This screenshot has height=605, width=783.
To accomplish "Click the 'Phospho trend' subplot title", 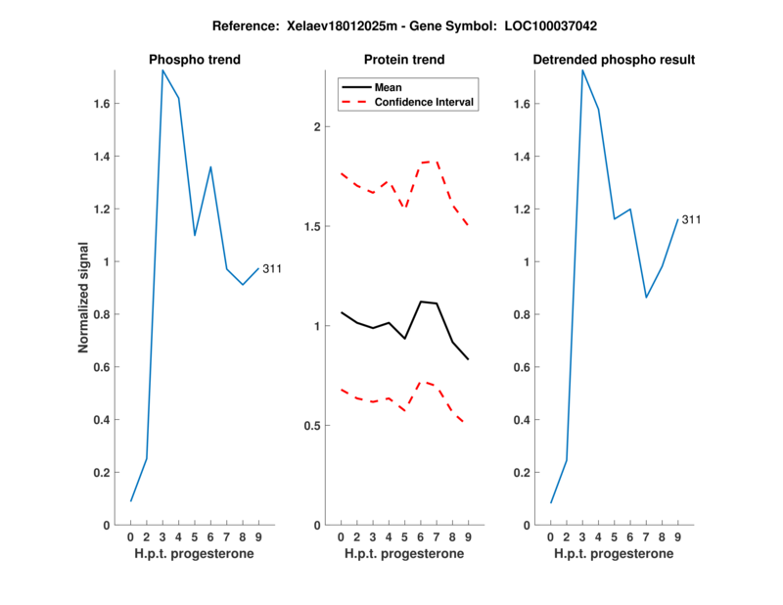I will tap(195, 60).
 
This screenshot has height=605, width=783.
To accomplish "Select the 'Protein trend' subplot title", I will tap(404, 60).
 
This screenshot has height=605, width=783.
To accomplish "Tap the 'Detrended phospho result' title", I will tap(614, 60).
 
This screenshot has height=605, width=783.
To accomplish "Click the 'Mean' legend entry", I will tap(389, 87).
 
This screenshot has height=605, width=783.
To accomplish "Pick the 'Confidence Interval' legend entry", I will tap(426, 102).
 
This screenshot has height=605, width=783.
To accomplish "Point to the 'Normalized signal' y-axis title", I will tap(85, 298).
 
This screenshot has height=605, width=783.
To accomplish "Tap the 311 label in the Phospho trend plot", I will tap(272, 268).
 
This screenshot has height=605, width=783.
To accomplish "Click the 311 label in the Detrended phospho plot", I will tap(691, 219).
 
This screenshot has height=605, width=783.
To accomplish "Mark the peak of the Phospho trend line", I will tap(162, 70).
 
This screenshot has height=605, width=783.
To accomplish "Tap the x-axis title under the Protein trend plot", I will tap(404, 554).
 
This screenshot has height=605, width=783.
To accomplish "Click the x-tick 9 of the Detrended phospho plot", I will tap(678, 536).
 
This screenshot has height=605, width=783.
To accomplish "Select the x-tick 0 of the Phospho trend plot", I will tap(131, 536).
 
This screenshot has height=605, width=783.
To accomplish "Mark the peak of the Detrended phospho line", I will tap(582, 70).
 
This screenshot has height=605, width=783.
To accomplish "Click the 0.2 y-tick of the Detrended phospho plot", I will tap(526, 472).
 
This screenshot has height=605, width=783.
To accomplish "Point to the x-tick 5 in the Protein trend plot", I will tap(404, 536).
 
